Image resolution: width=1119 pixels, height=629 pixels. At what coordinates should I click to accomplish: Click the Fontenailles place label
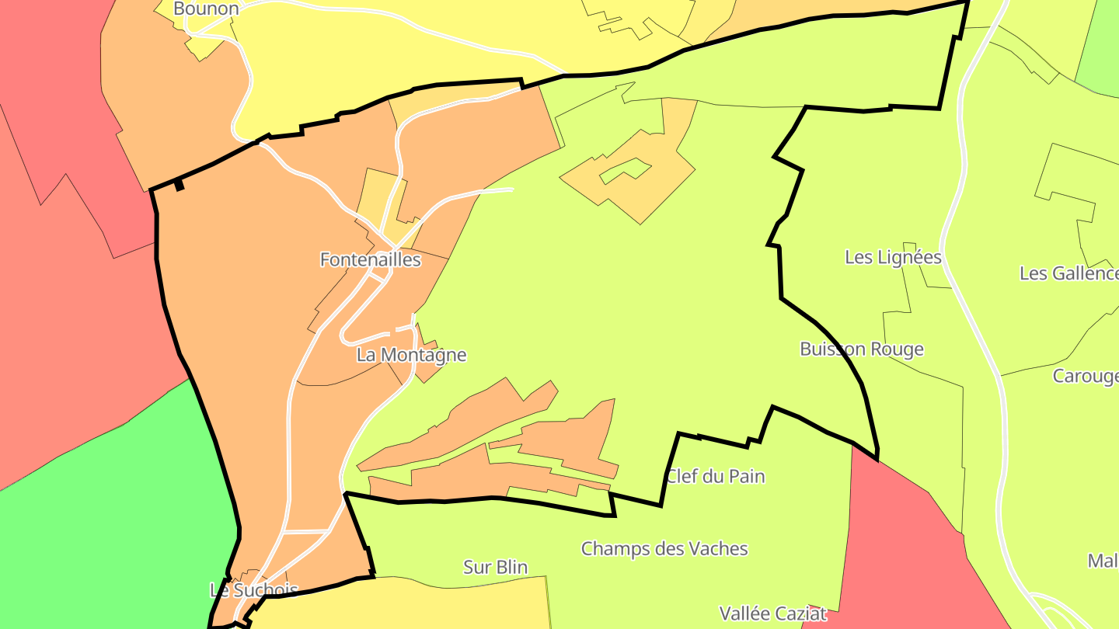371,260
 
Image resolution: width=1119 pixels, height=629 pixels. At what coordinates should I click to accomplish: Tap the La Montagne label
412,356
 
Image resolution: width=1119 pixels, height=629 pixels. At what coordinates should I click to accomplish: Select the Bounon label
206,9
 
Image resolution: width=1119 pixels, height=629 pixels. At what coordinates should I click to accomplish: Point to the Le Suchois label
254,590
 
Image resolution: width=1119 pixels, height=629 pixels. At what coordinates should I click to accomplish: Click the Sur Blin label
495,568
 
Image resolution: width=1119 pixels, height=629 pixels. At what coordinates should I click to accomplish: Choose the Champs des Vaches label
664,549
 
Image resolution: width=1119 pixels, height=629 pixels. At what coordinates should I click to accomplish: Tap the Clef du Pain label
715,476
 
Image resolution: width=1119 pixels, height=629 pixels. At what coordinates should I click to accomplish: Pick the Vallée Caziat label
773,613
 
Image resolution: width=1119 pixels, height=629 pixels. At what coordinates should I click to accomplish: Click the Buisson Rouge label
862,349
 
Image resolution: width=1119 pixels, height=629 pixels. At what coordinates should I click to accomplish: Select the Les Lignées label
893,257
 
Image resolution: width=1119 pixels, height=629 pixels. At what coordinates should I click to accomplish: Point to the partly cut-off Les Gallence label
1068,273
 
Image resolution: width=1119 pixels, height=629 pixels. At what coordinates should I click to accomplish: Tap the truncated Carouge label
1085,377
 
